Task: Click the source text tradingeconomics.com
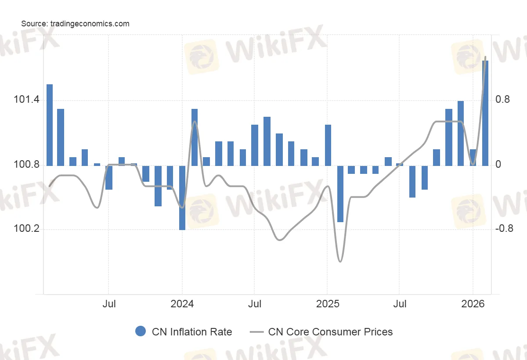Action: pyautogui.click(x=75, y=24)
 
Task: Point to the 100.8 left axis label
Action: pyautogui.click(x=26, y=166)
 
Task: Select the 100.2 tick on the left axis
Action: pyautogui.click(x=26, y=230)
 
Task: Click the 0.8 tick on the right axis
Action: pyautogui.click(x=502, y=100)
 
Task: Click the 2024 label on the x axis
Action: pyautogui.click(x=182, y=304)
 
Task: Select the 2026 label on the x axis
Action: pyautogui.click(x=473, y=304)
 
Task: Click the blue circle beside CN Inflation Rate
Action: pyautogui.click(x=141, y=331)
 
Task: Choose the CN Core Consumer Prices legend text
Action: pyautogui.click(x=330, y=332)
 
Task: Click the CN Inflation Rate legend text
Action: pyautogui.click(x=192, y=332)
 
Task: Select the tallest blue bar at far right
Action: pyautogui.click(x=485, y=113)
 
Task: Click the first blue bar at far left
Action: pyautogui.click(x=50, y=125)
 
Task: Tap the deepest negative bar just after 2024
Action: pyautogui.click(x=182, y=198)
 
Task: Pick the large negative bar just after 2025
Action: pyautogui.click(x=340, y=194)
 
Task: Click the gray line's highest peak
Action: pyautogui.click(x=485, y=57)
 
